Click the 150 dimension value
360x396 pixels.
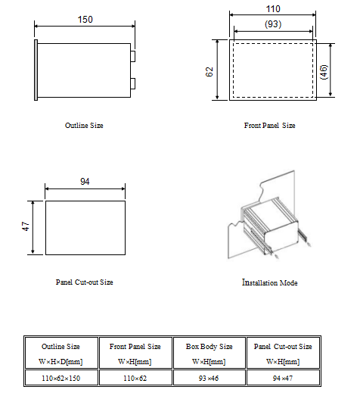[x=85, y=20]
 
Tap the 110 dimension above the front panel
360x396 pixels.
[x=273, y=9]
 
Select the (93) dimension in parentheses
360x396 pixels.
[x=273, y=24]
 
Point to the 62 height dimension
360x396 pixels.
[x=209, y=72]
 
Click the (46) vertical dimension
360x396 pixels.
[x=324, y=72]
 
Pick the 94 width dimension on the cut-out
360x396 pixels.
[x=85, y=181]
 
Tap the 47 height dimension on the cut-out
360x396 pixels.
[x=26, y=226]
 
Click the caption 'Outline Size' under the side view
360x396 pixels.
[x=84, y=125]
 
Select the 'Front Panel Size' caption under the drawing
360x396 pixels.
[x=269, y=125]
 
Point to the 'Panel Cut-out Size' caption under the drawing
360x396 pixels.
[x=84, y=282]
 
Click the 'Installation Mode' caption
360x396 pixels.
[x=270, y=282]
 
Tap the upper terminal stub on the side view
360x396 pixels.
[x=132, y=56]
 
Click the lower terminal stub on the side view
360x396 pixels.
[x=132, y=83]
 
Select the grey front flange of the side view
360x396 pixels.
[x=36, y=70]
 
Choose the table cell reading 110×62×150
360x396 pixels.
[x=61, y=378]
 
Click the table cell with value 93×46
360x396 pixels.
[x=209, y=378]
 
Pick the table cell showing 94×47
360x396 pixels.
[x=283, y=378]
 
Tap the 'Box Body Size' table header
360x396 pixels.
[x=209, y=346]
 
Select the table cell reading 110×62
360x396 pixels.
[x=135, y=378]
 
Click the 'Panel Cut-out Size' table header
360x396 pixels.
[x=283, y=346]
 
